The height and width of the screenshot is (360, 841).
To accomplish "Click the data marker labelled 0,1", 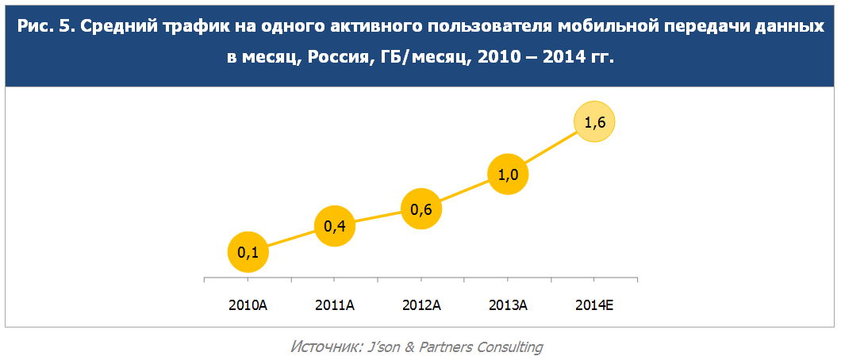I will pos(248,253).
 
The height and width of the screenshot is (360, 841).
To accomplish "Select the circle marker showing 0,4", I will pos(335,227).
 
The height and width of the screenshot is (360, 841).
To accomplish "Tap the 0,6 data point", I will pos(421,209).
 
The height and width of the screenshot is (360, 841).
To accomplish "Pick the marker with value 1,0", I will pos(508,176).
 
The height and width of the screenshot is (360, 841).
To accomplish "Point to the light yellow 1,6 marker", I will pos(594,122).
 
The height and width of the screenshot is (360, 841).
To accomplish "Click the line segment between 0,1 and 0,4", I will pos(292,239).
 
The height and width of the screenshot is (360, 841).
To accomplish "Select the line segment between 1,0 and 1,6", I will pos(551,149).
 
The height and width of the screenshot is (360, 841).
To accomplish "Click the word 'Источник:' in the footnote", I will pos(325,347).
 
